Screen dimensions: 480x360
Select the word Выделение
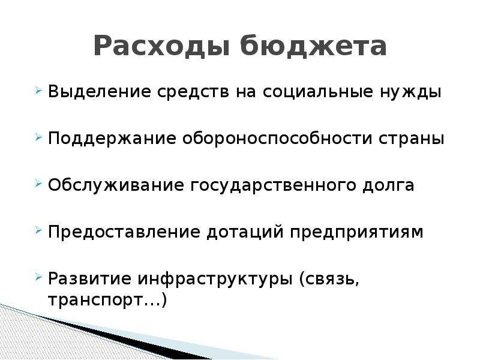tap(100, 92)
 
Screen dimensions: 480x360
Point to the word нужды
tap(411, 92)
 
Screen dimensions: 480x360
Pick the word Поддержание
tap(112, 139)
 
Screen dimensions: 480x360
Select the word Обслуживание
tap(116, 185)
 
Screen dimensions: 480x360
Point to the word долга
tap(388, 186)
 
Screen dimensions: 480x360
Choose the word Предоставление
tap(124, 232)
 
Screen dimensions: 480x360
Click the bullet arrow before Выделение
tap(38, 91)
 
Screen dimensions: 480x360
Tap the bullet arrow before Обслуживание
tap(38, 184)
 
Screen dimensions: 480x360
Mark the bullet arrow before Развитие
tap(38, 277)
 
